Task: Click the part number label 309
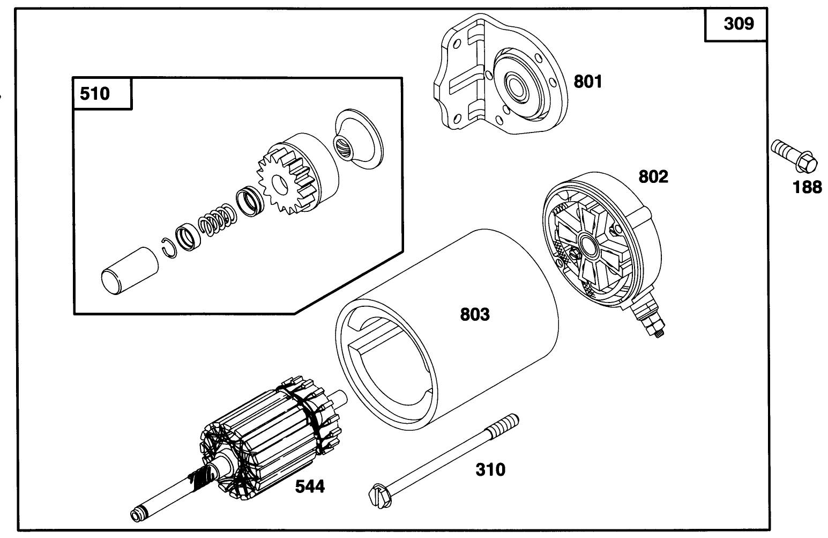point(738,24)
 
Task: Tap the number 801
point(588,82)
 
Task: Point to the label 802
point(653,176)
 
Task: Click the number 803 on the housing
point(475,314)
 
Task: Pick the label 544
point(310,487)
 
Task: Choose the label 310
point(490,470)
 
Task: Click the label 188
point(807,187)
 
